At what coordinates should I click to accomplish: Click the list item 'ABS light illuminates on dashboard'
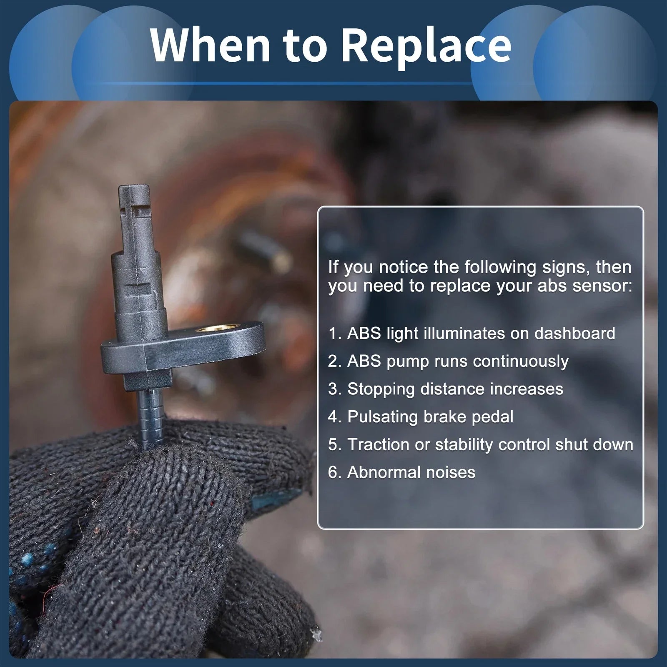click(471, 333)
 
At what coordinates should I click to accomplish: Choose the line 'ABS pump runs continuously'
click(448, 361)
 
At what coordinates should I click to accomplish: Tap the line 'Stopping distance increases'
click(446, 389)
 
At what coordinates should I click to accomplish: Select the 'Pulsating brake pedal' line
click(421, 417)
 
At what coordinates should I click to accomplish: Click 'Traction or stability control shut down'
click(481, 444)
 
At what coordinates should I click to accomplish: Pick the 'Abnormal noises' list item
click(401, 472)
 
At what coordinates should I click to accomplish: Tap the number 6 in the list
click(332, 472)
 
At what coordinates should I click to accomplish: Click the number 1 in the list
click(332, 333)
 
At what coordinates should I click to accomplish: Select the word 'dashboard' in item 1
click(575, 333)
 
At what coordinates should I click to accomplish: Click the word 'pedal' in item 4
click(492, 417)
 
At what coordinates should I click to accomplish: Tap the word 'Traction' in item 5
click(379, 444)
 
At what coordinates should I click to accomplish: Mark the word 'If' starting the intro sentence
click(333, 267)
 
